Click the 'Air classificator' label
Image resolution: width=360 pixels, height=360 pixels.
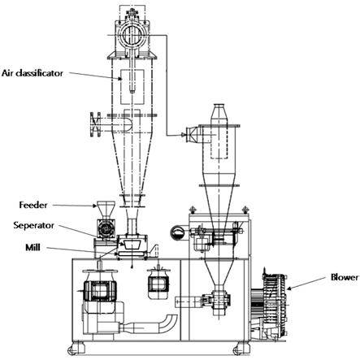pos(33,73)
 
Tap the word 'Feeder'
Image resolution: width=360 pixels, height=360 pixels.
pos(33,205)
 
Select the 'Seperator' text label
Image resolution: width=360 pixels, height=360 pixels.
pos(34,225)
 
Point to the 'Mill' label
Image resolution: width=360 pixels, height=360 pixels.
pos(33,247)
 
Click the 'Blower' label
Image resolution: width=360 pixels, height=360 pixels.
pos(345,277)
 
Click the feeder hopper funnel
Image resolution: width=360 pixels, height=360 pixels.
pos(106,210)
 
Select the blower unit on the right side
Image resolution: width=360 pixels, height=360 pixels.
pos(269,304)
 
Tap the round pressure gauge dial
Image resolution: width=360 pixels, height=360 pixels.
pos(177,232)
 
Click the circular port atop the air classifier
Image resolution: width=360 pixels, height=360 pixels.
pos(132,35)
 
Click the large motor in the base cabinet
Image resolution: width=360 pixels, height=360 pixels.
pos(100,291)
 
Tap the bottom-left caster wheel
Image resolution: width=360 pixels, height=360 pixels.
pos(72,350)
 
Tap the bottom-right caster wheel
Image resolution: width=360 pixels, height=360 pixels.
pos(238,350)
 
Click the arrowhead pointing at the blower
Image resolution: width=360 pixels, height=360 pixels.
pos(289,288)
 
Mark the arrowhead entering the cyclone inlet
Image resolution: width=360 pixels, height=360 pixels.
pos(184,135)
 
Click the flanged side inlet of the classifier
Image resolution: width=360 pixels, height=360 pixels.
pos(95,124)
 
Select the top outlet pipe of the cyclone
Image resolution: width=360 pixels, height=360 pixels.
pos(220,115)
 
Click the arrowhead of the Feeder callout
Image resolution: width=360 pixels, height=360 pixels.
pos(94,206)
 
